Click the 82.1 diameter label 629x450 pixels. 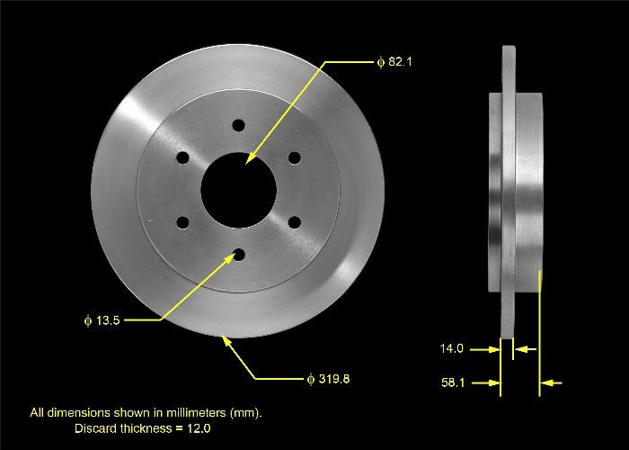(x=400, y=62)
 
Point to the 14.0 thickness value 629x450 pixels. (x=452, y=348)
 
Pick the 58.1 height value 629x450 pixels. (x=452, y=382)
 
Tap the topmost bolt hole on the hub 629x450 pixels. (x=238, y=126)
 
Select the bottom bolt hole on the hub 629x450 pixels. (x=238, y=256)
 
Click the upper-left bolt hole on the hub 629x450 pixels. (x=182, y=158)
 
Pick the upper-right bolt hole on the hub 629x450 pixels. (x=294, y=158)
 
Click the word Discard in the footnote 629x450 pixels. (x=94, y=428)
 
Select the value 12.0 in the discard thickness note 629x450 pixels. (x=199, y=428)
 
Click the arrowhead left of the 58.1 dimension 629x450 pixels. (x=493, y=382)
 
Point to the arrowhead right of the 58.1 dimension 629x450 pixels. (x=549, y=382)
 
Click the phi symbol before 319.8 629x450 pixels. (x=311, y=379)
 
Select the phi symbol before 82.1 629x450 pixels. (x=381, y=62)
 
